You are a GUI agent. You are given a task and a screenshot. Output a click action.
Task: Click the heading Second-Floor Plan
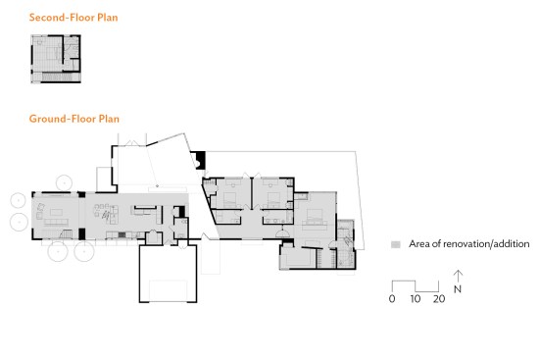(x=74, y=18)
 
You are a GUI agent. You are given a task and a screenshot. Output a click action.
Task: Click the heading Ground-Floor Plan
(x=74, y=119)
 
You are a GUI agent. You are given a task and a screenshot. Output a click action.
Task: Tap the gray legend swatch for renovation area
(x=396, y=244)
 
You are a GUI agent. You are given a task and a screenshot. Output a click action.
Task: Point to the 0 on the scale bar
(x=392, y=298)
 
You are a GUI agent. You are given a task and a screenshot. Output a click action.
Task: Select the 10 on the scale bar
(x=416, y=298)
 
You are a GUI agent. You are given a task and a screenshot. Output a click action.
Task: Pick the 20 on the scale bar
(x=439, y=298)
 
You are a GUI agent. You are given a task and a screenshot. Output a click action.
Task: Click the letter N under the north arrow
(x=458, y=289)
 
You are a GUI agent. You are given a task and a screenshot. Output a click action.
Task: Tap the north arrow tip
(x=458, y=271)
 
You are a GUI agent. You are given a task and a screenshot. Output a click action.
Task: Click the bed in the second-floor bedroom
(x=52, y=53)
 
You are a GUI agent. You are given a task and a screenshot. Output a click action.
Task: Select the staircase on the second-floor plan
(x=57, y=77)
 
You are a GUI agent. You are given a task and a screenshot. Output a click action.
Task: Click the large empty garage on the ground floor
(x=168, y=274)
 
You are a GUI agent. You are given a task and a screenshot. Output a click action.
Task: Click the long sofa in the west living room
(x=56, y=222)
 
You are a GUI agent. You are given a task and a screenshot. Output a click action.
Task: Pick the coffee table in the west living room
(x=56, y=212)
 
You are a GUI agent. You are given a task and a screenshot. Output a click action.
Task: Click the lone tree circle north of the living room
(x=64, y=182)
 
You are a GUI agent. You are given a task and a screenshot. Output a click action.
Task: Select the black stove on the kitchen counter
(x=122, y=234)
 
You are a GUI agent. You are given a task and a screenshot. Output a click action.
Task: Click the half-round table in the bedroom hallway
(x=282, y=233)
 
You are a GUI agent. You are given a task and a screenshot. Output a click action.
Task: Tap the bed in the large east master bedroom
(x=315, y=218)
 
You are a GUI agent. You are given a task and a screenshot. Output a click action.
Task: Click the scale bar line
(x=416, y=286)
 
